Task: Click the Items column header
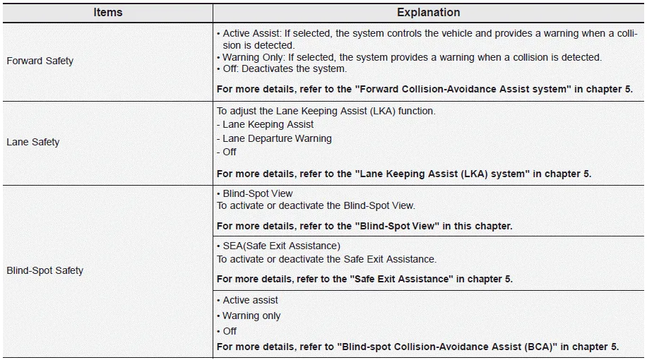click(107, 12)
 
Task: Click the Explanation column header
click(428, 12)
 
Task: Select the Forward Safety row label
click(40, 61)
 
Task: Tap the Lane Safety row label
click(32, 142)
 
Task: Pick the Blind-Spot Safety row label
click(44, 270)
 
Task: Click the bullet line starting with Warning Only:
click(409, 57)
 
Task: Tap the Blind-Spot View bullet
click(254, 193)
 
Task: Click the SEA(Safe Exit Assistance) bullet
click(278, 246)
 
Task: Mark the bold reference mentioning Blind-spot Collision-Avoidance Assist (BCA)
click(417, 347)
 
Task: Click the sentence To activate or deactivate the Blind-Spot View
click(316, 205)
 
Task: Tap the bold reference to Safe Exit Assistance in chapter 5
click(364, 279)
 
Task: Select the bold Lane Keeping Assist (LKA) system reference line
click(403, 174)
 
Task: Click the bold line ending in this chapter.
click(364, 226)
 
